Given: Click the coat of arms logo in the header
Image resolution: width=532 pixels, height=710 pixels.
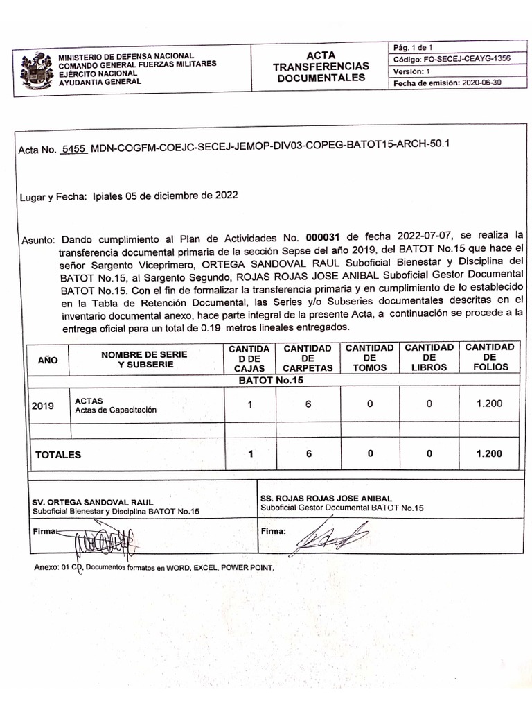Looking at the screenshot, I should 37,70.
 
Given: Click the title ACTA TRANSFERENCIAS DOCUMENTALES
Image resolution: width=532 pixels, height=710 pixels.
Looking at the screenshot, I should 321,67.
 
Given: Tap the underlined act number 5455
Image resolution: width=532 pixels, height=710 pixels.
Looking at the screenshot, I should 73,149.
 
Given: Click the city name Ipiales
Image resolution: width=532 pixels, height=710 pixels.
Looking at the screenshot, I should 107,196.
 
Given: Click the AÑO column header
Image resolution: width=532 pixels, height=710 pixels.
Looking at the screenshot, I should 48,360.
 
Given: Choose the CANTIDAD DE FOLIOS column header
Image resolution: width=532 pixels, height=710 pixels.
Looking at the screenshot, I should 489,357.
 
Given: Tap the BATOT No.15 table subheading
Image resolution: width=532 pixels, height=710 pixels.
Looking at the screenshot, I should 272,381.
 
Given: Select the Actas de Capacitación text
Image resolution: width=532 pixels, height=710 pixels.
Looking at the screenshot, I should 115,410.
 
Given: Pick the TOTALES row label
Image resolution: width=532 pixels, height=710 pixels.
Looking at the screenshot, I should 58,455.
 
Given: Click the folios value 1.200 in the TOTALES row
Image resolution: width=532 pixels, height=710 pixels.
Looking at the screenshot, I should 489,454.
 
